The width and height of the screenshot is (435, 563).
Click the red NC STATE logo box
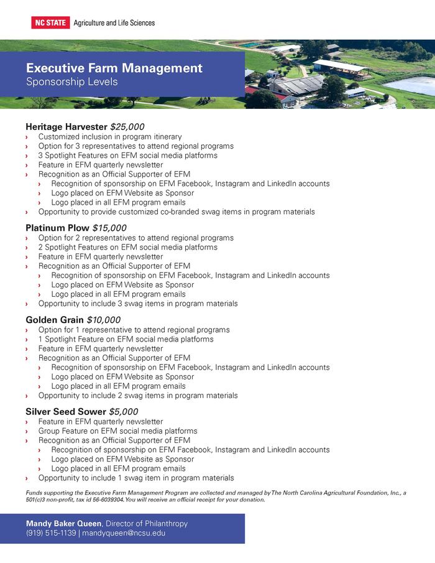tap(50, 23)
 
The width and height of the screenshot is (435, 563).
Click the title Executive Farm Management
tap(114, 68)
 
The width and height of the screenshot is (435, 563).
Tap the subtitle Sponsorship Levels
tap(71, 81)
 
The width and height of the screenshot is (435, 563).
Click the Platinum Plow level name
tap(57, 228)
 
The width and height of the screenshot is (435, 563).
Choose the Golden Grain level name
tap(55, 320)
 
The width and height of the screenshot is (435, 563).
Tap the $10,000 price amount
tap(103, 320)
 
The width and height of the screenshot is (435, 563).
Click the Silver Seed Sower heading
tap(66, 412)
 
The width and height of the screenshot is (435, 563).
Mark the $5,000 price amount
tap(123, 412)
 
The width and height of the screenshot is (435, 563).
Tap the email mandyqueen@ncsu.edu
tap(123, 533)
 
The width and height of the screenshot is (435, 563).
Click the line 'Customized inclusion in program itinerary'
tap(110, 137)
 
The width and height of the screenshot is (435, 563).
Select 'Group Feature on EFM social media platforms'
tap(117, 431)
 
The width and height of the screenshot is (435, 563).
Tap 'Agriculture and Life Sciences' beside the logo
tap(114, 23)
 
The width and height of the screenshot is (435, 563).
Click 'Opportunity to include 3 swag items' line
tap(138, 304)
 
